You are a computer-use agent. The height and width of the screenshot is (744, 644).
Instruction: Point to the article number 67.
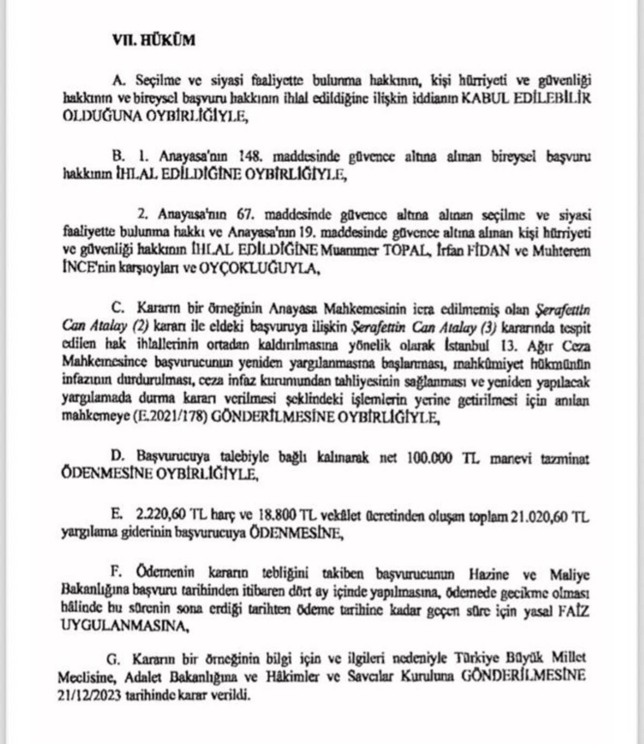(245, 215)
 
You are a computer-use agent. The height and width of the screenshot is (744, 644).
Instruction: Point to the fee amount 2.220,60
(160, 516)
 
